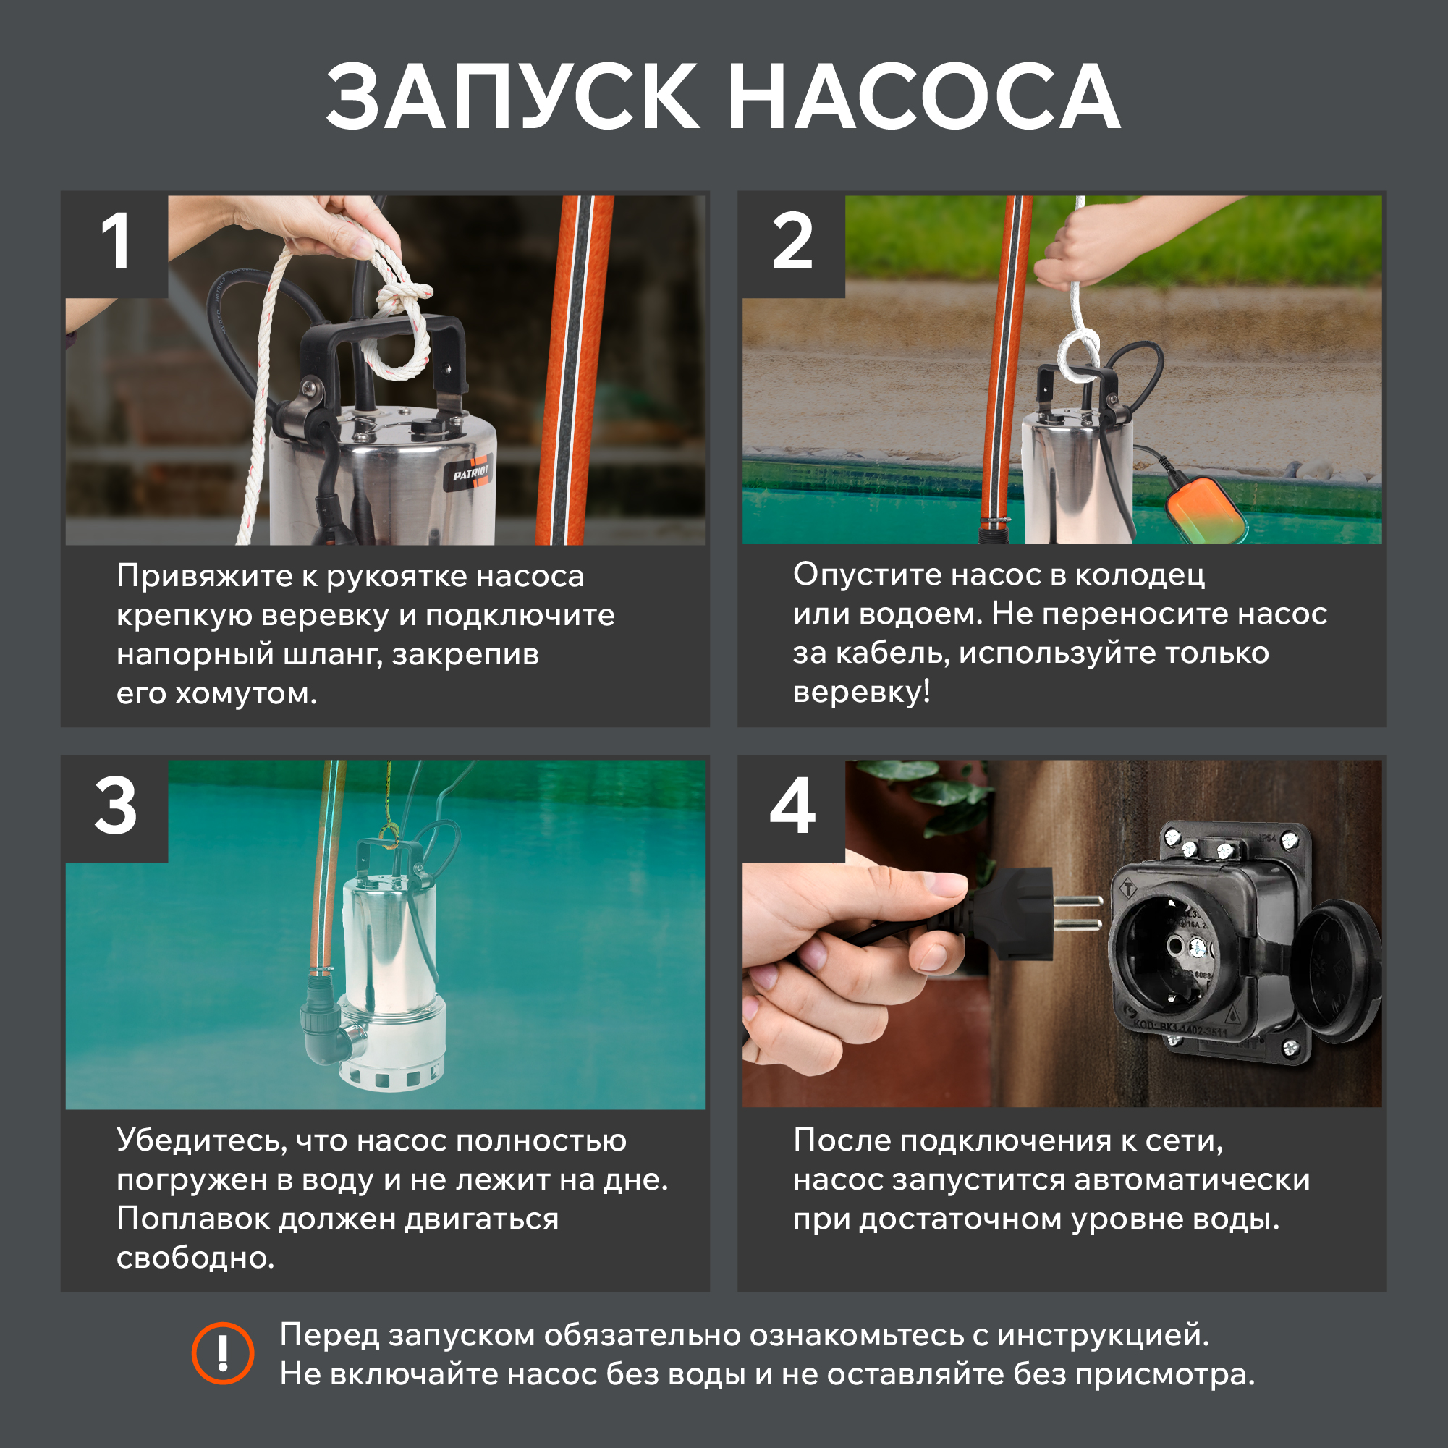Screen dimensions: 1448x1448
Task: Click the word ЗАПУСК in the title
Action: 512,98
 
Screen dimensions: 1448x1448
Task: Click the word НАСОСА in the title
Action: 923,98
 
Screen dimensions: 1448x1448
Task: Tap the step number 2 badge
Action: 793,245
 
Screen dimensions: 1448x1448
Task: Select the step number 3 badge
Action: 116,809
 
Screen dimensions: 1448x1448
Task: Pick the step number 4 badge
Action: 793,809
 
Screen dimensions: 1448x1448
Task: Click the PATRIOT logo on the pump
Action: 470,473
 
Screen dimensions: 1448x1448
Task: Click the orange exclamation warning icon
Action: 223,1352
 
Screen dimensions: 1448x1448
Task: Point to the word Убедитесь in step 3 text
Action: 202,1140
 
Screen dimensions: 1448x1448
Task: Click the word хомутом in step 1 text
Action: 247,694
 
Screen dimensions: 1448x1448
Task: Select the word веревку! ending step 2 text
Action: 862,692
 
